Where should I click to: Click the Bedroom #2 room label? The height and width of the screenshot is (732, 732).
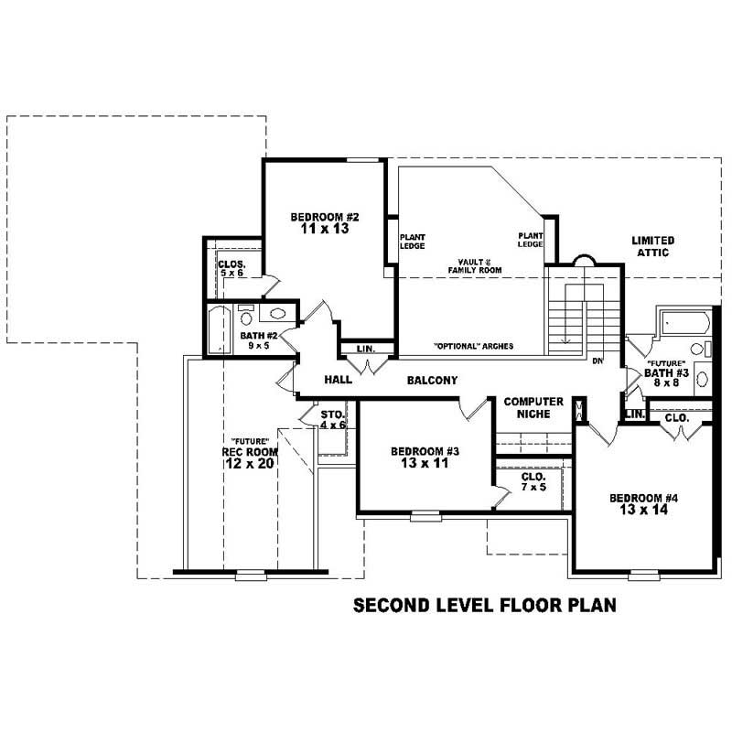[325, 217]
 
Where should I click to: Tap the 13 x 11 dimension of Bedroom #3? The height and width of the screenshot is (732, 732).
[417, 464]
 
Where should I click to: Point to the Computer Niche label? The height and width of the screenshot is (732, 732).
[533, 407]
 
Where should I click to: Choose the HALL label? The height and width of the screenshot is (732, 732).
[339, 380]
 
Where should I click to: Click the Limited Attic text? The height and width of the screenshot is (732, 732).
[652, 246]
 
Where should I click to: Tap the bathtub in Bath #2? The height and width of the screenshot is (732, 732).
[218, 330]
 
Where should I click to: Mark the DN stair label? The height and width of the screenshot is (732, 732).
[597, 361]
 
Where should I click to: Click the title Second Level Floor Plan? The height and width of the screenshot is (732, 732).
[485, 605]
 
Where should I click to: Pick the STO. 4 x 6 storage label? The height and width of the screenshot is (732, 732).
[332, 419]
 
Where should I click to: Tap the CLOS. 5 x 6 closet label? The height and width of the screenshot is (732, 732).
[231, 268]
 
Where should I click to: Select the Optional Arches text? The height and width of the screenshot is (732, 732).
[473, 347]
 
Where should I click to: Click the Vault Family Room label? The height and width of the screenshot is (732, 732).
[475, 265]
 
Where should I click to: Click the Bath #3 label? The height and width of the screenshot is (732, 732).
[665, 378]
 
